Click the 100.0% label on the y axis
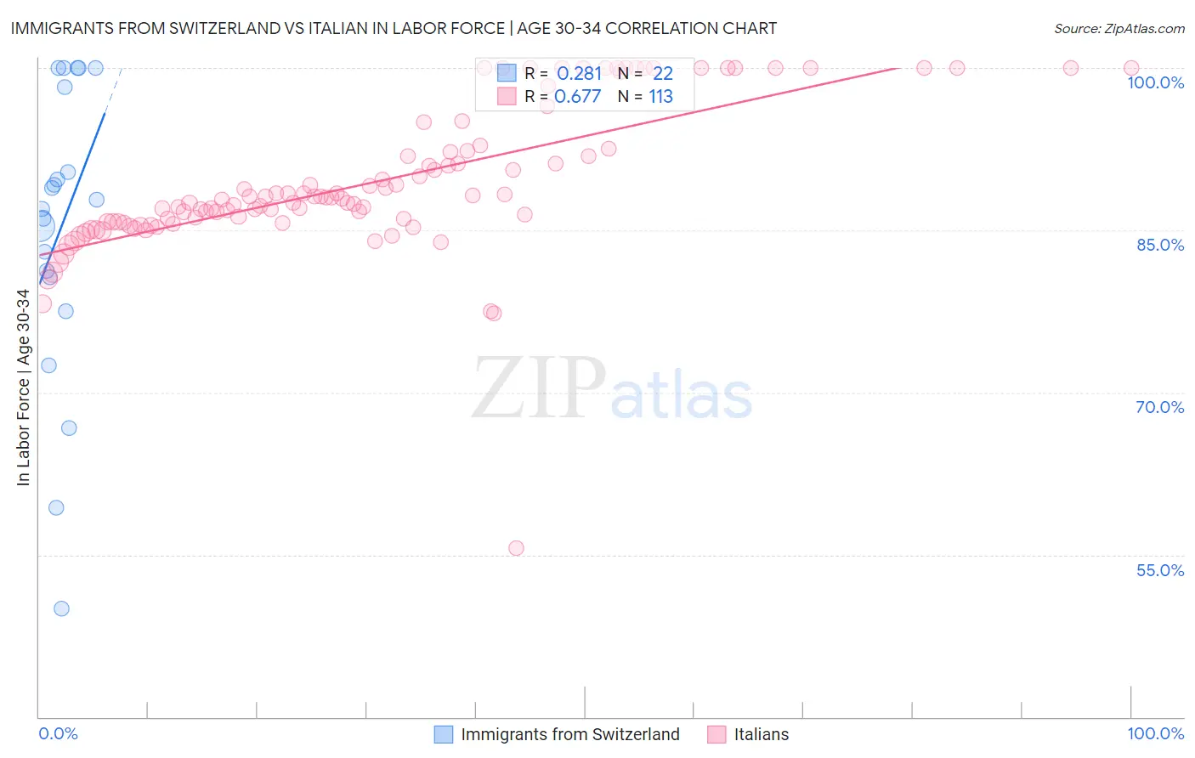point(1155,82)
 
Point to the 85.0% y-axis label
point(1159,245)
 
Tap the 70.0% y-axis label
point(1159,407)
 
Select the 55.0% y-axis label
point(1159,570)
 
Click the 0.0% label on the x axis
point(58,734)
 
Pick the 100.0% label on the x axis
point(1155,734)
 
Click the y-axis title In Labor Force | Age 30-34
point(23,387)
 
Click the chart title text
point(394,28)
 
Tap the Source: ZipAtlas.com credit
point(1119,28)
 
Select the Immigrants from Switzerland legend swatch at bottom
point(444,734)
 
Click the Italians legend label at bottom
point(761,734)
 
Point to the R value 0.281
point(579,74)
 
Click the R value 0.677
point(577,97)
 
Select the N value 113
point(660,97)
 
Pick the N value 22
point(662,74)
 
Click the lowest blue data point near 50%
point(61,608)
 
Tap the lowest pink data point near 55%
point(516,548)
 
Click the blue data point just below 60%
point(56,508)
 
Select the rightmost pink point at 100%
point(1131,68)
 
